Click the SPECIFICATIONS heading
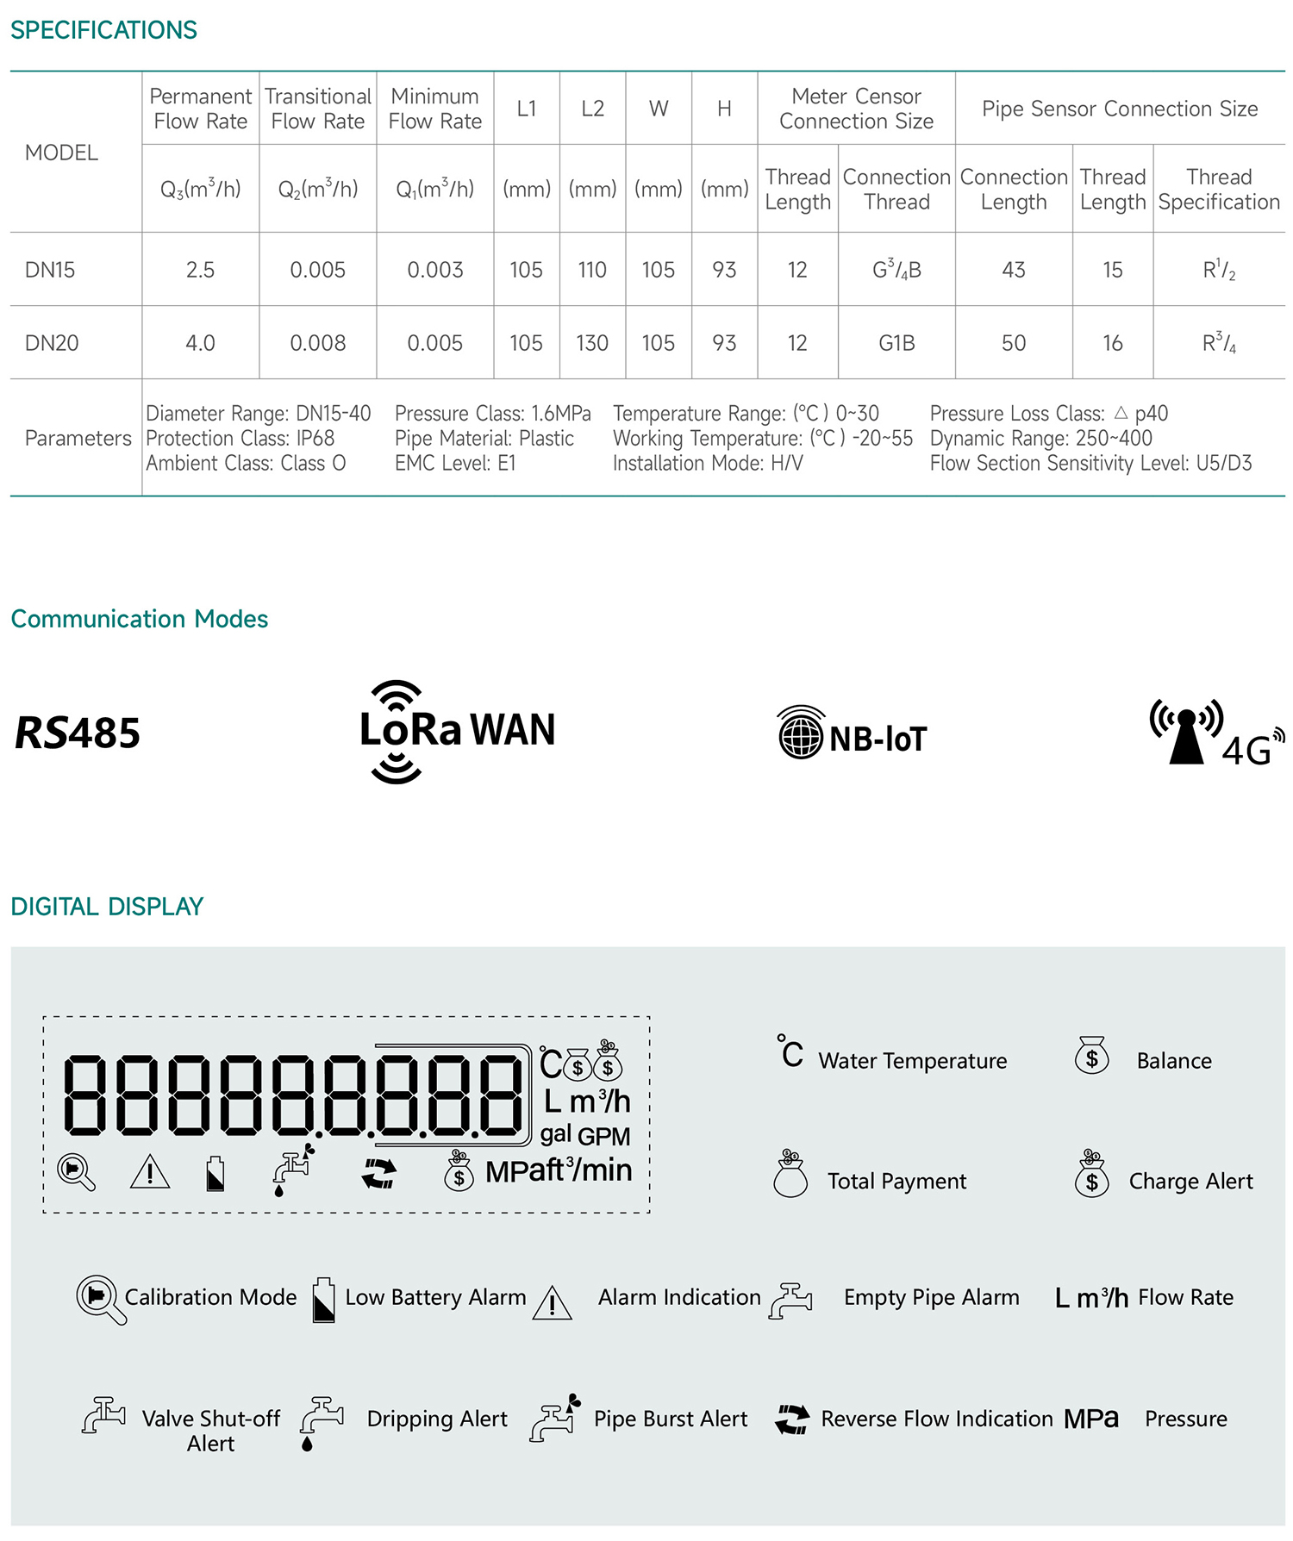pyautogui.click(x=103, y=30)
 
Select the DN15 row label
pyautogui.click(x=50, y=270)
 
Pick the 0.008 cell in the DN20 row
pyautogui.click(x=317, y=343)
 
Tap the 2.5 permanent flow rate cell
pyautogui.click(x=200, y=270)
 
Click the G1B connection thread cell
pyautogui.click(x=896, y=343)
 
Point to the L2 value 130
pyautogui.click(x=592, y=343)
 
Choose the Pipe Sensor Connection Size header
pyautogui.click(x=1120, y=109)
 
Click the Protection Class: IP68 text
pyautogui.click(x=240, y=438)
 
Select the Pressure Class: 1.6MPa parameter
pyautogui.click(x=493, y=414)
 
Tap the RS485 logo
pyautogui.click(x=78, y=733)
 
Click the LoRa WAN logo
pyautogui.click(x=457, y=731)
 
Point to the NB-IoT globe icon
pyautogui.click(x=801, y=733)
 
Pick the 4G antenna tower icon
pyautogui.click(x=1187, y=733)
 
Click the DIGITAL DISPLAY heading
pyautogui.click(x=107, y=907)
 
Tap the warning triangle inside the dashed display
pyautogui.click(x=150, y=1172)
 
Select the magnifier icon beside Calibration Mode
pyautogui.click(x=98, y=1298)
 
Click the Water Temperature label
pyautogui.click(x=912, y=1061)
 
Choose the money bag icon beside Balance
pyautogui.click(x=1091, y=1056)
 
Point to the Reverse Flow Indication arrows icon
pyautogui.click(x=792, y=1419)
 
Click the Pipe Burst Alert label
pyautogui.click(x=671, y=1419)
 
